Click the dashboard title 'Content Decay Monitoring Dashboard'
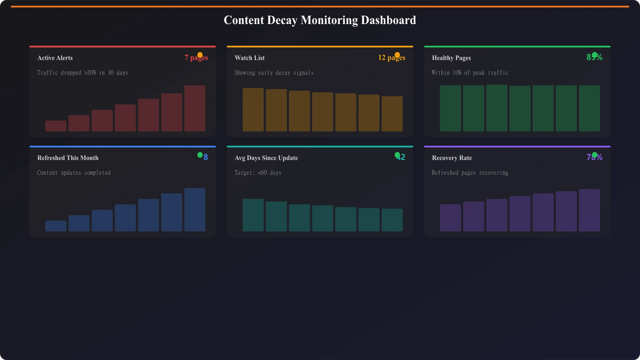click(320, 20)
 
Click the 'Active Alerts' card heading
click(55, 58)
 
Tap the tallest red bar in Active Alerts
click(195, 108)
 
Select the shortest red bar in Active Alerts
click(56, 126)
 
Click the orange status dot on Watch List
click(397, 55)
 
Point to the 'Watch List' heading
click(250, 58)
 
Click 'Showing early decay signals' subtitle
click(274, 73)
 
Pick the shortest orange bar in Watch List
click(392, 114)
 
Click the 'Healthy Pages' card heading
click(451, 58)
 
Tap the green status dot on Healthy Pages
click(594, 55)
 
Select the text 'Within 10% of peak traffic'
click(470, 73)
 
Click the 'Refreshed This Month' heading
click(68, 158)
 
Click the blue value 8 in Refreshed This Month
click(206, 158)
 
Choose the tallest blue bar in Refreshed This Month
click(195, 210)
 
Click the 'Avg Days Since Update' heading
click(266, 158)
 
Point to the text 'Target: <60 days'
click(258, 173)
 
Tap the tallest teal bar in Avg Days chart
click(253, 215)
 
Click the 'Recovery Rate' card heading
click(452, 158)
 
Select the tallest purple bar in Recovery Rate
click(589, 210)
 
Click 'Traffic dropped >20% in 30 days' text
click(82, 73)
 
